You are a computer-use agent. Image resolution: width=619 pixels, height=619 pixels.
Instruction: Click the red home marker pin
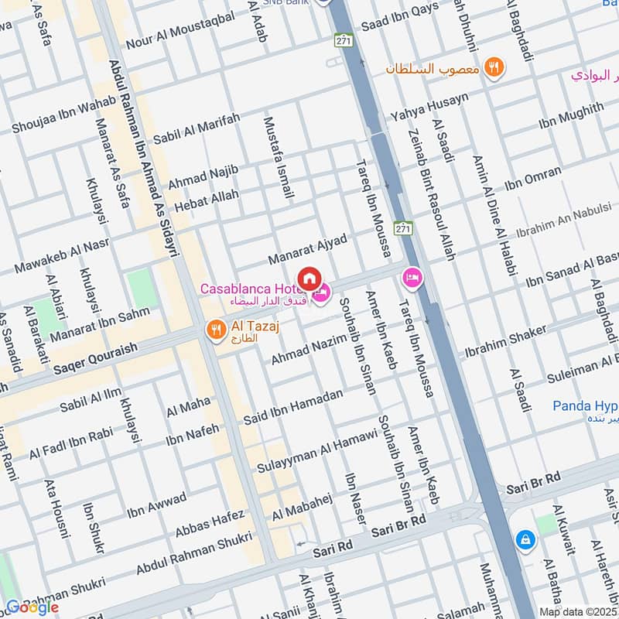(309, 277)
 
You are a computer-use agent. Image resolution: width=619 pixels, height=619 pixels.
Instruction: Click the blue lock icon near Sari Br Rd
(525, 539)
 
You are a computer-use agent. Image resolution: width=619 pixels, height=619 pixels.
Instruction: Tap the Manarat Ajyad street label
(308, 247)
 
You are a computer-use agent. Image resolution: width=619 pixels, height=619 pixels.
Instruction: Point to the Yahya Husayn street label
(429, 108)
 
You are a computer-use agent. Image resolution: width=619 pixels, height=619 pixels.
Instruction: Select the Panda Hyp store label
(584, 406)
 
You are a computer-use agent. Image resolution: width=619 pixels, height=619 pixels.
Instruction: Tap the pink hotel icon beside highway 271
(412, 276)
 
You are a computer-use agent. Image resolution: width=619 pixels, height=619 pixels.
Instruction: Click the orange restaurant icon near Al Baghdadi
(494, 67)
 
